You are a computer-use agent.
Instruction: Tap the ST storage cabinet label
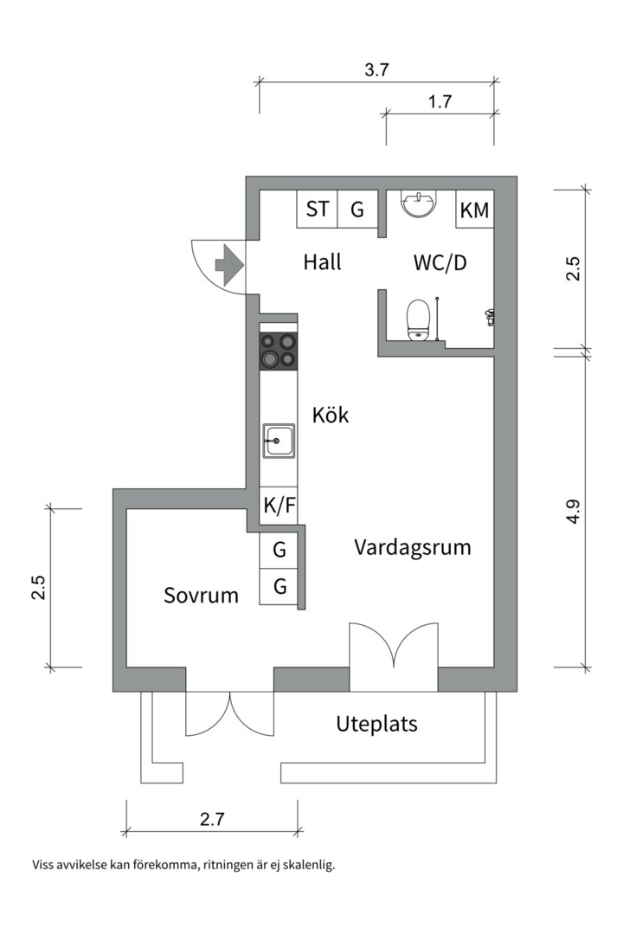pyautogui.click(x=318, y=209)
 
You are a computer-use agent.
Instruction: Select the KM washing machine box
pyautogui.click(x=474, y=210)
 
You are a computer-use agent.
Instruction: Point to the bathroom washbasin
pyautogui.click(x=420, y=205)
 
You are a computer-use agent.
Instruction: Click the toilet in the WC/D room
pyautogui.click(x=419, y=318)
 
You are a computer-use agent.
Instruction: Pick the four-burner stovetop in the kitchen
pyautogui.click(x=279, y=350)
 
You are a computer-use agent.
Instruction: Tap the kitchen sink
pyautogui.click(x=279, y=442)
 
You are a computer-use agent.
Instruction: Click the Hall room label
pyautogui.click(x=322, y=261)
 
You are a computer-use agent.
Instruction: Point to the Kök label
pyautogui.click(x=331, y=416)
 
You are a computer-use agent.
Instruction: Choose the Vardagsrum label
pyautogui.click(x=412, y=547)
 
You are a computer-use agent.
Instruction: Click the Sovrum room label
pyautogui.click(x=201, y=596)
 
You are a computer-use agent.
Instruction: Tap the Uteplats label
pyautogui.click(x=376, y=724)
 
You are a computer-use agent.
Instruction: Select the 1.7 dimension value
pyautogui.click(x=440, y=102)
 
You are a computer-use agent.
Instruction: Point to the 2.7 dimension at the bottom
pyautogui.click(x=212, y=820)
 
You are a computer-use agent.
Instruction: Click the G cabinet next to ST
pyautogui.click(x=356, y=209)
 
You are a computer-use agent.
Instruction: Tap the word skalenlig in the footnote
pyautogui.click(x=306, y=865)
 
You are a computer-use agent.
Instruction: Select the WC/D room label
pyautogui.click(x=440, y=262)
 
